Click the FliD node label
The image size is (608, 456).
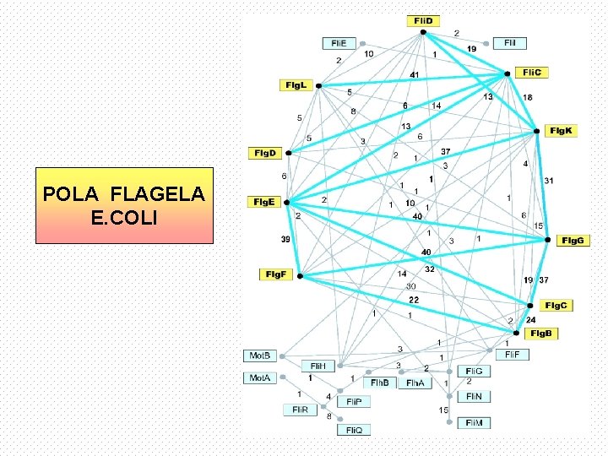[x=422, y=20]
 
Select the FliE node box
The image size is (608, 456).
[x=339, y=42]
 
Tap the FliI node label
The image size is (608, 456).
[x=510, y=42]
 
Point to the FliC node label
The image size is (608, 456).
[x=535, y=73]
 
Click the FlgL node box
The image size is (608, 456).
[x=296, y=85]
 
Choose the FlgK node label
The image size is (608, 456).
[x=561, y=130]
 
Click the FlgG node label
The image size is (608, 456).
[x=573, y=241]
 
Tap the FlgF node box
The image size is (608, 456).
[x=275, y=274]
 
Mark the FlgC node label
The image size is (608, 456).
[x=556, y=305]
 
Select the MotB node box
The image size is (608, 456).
[x=259, y=356]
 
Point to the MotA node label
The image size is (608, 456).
[x=259, y=378]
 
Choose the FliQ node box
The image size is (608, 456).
[x=354, y=430]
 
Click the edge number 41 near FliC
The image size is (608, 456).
[x=414, y=75]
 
